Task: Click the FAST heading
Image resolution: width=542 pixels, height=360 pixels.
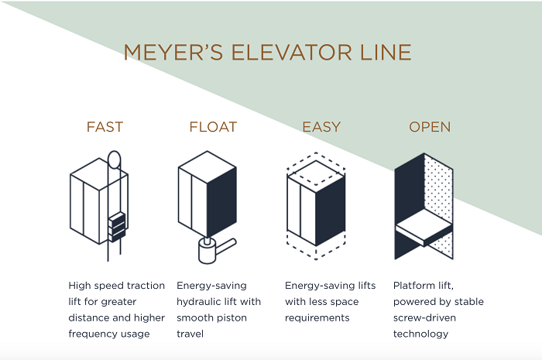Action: point(105,127)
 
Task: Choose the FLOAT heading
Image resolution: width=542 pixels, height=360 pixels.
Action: point(213,127)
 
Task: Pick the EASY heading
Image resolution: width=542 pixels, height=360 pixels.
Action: point(321,127)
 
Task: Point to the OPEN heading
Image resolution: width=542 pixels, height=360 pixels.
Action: point(430,127)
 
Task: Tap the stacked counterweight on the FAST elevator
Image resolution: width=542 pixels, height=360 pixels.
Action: point(116,225)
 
